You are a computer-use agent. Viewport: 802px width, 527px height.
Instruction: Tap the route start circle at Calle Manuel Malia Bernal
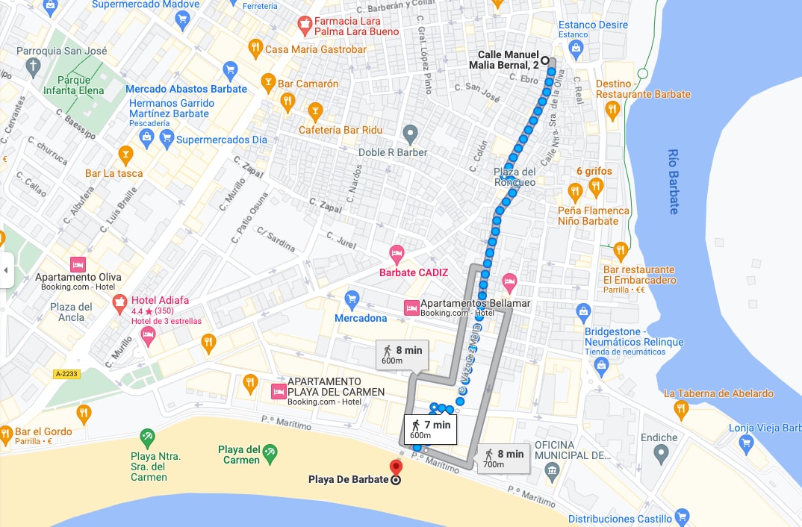coord(545,61)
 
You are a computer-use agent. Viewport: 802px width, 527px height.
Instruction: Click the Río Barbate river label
coord(674,181)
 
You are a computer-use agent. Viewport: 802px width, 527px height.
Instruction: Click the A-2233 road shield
coord(66,374)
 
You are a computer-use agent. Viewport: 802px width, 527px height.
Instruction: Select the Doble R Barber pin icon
coord(409,134)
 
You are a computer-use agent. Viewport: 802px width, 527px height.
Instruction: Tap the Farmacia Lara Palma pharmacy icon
coord(304,26)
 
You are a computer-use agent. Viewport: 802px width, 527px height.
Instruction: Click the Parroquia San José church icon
coord(32,68)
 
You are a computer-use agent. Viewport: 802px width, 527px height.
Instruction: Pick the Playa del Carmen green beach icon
coord(270,452)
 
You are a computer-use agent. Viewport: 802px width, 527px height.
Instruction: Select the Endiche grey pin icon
coord(661,452)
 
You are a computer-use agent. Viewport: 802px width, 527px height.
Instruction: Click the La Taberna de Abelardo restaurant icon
coord(680,408)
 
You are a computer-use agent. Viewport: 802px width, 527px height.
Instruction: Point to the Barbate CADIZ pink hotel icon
coord(397,255)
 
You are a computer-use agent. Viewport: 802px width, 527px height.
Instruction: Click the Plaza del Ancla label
coord(72,312)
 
